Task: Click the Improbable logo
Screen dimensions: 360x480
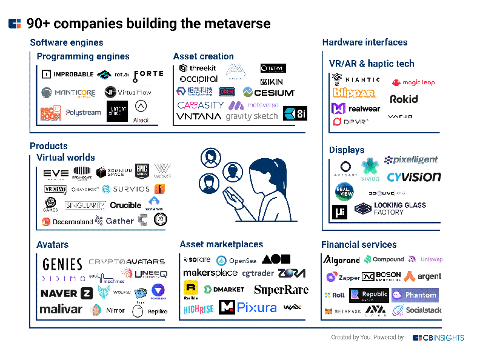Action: (x=68, y=75)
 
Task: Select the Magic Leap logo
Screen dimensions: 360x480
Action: (x=413, y=82)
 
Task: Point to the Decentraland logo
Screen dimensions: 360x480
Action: (x=67, y=222)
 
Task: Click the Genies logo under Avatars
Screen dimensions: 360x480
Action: (x=62, y=264)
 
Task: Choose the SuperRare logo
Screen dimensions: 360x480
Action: (x=281, y=290)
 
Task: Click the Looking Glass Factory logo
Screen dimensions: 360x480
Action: (x=391, y=209)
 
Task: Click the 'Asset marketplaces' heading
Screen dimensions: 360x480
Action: (x=221, y=244)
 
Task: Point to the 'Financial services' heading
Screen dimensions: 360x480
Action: (x=359, y=245)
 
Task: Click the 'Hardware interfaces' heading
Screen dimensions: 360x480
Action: (x=365, y=42)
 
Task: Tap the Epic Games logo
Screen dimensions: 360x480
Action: (x=142, y=171)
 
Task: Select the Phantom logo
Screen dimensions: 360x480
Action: (x=415, y=295)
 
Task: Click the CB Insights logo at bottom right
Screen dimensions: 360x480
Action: (x=438, y=338)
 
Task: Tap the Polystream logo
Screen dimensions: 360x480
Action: (x=83, y=113)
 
